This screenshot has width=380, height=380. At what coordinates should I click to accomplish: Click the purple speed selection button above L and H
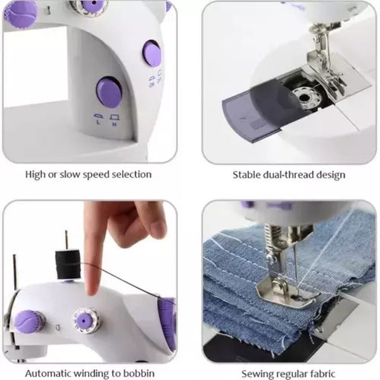click(109, 92)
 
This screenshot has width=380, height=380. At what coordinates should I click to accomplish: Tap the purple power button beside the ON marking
click(152, 54)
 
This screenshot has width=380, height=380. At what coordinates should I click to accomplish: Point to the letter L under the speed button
click(98, 122)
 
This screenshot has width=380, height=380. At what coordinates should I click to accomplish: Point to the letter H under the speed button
click(115, 124)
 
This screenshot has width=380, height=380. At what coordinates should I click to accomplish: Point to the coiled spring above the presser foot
click(270, 239)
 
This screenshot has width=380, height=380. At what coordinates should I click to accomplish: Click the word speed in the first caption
click(96, 175)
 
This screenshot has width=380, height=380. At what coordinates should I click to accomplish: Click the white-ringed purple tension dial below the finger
click(86, 320)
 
